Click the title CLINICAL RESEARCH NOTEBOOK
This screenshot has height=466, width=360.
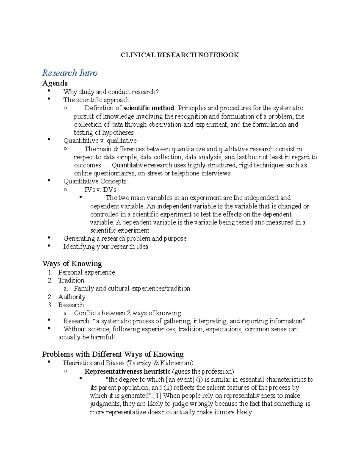180,55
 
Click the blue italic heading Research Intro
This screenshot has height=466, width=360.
70,73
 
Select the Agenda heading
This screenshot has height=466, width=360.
55,83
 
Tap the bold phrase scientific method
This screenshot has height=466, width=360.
148,108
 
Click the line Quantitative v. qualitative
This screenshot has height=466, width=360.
100,141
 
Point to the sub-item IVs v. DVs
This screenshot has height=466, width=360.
100,190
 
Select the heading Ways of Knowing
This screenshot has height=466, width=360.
72,264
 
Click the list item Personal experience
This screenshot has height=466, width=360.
86,272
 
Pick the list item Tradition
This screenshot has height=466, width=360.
71,281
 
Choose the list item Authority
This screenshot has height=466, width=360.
72,297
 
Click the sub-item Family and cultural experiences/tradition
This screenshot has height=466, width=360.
132,289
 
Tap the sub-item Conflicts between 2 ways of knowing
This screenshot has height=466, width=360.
127,313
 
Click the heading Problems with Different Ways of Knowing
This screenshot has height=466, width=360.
113,354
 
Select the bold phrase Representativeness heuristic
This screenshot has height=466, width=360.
127,371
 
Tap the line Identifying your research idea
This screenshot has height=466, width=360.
106,247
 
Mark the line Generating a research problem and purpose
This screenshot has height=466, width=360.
125,239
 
